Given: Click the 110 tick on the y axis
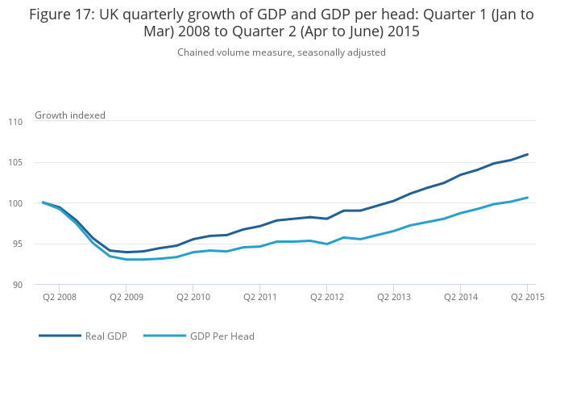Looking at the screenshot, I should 16,122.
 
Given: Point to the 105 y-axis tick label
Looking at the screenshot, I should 16,163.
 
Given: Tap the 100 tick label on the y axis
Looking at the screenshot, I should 16,203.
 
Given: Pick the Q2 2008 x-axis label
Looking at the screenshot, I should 60,297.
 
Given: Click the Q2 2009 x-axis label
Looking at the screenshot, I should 126,297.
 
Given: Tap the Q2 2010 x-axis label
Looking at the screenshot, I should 193,297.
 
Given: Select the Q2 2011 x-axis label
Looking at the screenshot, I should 259,297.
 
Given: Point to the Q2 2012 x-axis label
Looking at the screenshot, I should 326,297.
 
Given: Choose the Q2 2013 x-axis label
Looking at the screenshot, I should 393,297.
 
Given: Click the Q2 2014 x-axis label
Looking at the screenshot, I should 460,297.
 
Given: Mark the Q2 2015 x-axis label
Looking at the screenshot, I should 527,297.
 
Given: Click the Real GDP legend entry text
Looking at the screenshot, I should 106,336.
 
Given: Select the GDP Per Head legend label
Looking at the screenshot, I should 222,336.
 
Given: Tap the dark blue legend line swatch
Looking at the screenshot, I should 60,336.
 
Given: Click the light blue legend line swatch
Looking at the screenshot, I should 164,336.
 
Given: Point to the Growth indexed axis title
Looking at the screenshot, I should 70,115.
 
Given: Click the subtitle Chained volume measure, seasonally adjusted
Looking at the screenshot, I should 281,52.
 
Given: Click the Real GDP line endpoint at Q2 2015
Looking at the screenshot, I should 527,154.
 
